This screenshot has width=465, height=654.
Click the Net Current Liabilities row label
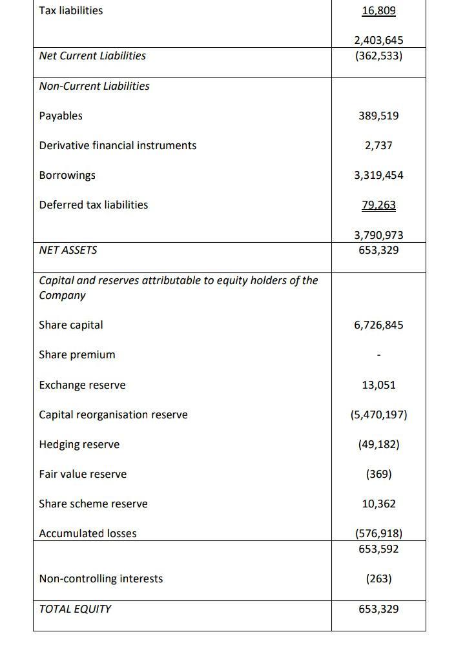[92, 56]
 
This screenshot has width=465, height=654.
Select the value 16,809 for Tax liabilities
[378, 11]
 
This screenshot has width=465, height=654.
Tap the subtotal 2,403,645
[378, 41]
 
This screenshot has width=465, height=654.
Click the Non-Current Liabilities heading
[94, 86]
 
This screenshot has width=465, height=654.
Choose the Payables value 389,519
[378, 116]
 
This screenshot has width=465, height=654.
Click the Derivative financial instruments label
[118, 145]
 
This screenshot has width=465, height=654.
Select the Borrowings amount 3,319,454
[378, 175]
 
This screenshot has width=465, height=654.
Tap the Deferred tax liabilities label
[94, 205]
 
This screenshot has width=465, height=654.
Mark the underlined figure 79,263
[378, 205]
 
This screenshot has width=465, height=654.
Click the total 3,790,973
[378, 235]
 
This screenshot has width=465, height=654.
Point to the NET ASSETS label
[68, 250]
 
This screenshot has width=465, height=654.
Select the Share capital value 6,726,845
[378, 325]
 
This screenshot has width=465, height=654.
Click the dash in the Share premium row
[378, 355]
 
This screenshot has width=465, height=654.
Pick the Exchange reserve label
[83, 385]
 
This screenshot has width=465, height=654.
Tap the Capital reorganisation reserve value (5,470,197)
[378, 414]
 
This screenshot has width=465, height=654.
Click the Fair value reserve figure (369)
[378, 474]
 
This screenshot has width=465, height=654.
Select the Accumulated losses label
[88, 533]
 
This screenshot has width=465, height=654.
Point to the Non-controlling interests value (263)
[378, 578]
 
